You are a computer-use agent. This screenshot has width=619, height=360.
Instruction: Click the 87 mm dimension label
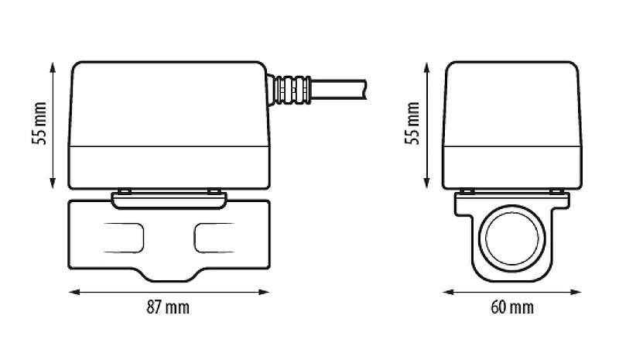click(168, 307)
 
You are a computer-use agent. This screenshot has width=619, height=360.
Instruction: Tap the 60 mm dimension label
click(512, 307)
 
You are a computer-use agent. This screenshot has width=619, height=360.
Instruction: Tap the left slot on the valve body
click(122, 237)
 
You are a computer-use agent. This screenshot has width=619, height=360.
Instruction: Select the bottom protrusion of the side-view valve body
click(169, 276)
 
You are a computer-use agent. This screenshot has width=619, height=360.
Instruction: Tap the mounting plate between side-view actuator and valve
click(169, 200)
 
